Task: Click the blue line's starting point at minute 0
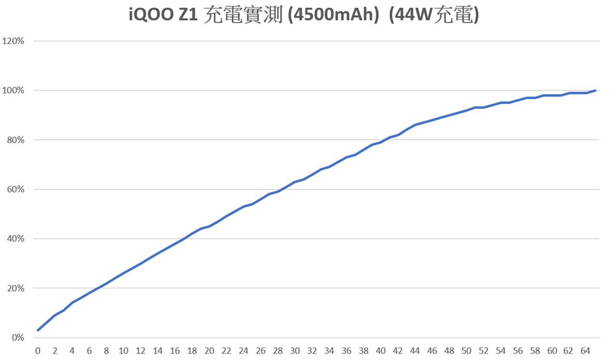coord(38,330)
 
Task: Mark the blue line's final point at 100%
coord(595,90)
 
